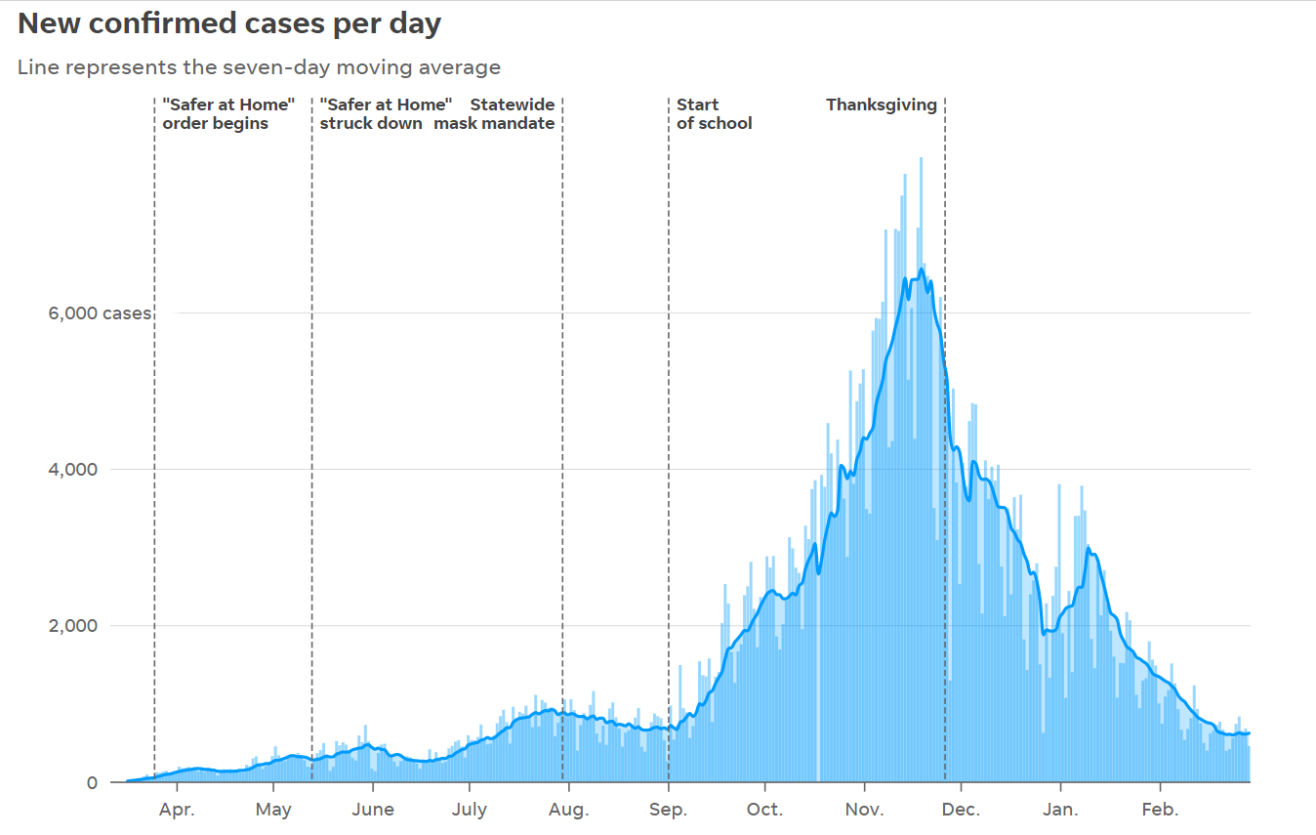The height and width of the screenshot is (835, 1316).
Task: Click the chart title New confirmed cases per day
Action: click(229, 24)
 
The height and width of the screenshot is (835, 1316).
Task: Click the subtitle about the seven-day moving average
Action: click(259, 67)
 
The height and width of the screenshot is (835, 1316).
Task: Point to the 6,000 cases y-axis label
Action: click(101, 313)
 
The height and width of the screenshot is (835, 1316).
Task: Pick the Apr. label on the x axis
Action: click(176, 810)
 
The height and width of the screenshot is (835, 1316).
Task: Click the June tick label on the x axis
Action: click(372, 810)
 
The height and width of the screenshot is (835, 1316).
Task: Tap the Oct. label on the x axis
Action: click(765, 810)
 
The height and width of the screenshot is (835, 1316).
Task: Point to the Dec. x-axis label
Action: click(962, 810)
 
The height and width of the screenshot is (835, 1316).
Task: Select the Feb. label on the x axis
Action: click(1161, 810)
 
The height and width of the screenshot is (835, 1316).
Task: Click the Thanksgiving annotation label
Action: click(882, 104)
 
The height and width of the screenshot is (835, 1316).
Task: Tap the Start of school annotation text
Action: click(714, 114)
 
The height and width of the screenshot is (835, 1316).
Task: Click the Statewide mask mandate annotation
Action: click(495, 114)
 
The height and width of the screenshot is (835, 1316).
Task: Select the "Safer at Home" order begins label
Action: click(228, 114)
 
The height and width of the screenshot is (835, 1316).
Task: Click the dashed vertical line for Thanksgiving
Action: click(945, 439)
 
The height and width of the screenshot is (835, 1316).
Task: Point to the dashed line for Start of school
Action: click(669, 439)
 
